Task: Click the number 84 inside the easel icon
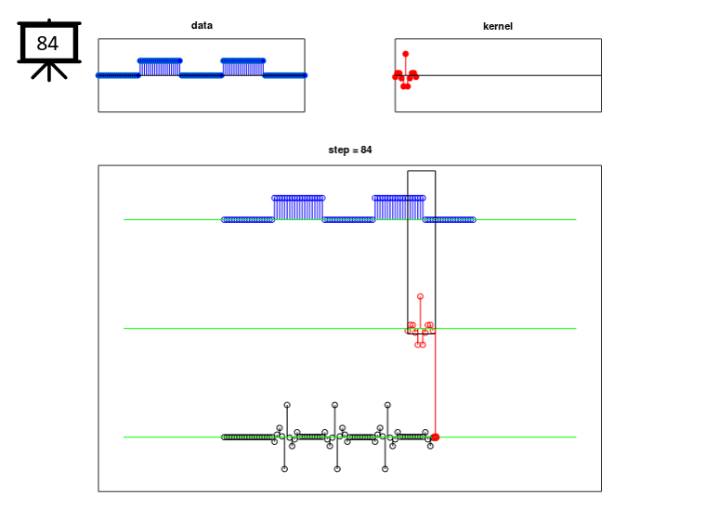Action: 47,44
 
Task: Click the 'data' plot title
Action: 202,26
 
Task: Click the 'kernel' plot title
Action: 498,26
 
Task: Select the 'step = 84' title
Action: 350,150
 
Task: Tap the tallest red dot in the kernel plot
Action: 406,54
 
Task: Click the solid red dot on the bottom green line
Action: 436,437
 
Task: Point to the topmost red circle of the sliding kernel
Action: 420,297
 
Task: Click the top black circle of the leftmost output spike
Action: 287,405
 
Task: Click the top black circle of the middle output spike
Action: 334,405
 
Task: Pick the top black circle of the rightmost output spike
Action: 387,405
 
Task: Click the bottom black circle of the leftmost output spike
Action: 284,469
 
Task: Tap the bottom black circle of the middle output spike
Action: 337,469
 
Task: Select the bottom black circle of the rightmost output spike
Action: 385,469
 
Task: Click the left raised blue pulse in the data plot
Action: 160,67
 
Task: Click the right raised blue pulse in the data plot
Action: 243,67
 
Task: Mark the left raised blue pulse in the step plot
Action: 298,208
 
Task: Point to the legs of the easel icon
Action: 49,72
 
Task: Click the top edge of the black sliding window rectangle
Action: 422,171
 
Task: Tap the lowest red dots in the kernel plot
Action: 406,85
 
